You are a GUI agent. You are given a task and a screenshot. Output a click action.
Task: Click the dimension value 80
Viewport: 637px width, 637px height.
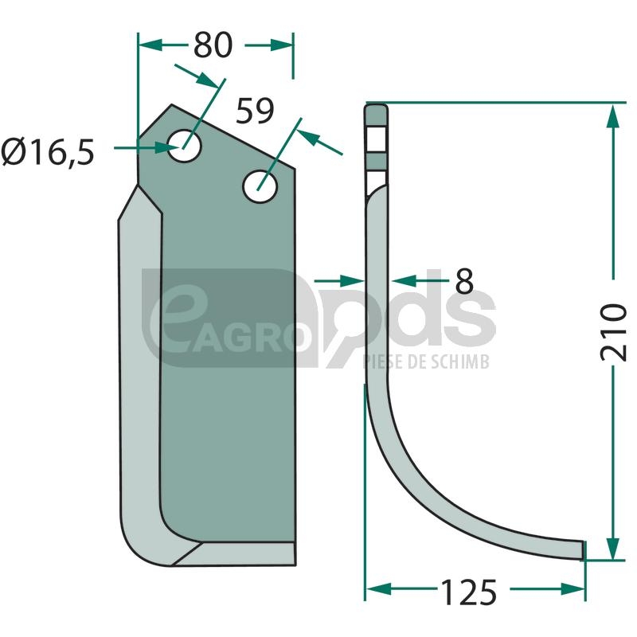coord(213,45)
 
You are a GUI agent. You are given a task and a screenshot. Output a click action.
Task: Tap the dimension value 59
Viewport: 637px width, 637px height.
coord(255,111)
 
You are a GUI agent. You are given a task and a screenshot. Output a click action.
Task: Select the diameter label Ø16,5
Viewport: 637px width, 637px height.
coord(48,152)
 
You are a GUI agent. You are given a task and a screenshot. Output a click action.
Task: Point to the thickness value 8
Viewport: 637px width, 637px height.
coord(464,281)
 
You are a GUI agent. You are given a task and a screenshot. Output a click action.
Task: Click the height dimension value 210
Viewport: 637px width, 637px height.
coord(613,332)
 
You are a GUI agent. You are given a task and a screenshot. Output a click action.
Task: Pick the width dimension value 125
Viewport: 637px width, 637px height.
coord(468,592)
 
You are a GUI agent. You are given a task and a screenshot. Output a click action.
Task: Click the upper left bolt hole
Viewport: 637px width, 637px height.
coord(185,146)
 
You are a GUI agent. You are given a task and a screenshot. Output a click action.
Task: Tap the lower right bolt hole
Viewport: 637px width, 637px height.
coord(260,186)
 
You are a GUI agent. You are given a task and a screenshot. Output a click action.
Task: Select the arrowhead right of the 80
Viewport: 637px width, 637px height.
coord(281,45)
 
